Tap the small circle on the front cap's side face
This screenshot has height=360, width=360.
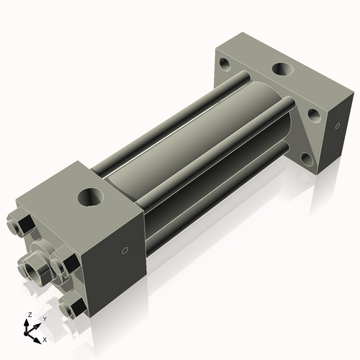pyautogui.click(x=125, y=251)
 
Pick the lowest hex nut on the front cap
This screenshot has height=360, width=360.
pyautogui.click(x=72, y=308)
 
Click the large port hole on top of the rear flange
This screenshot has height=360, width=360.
pyautogui.click(x=281, y=72)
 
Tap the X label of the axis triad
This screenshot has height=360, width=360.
pyautogui.click(x=45, y=338)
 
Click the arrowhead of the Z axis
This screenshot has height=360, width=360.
pyautogui.click(x=28, y=323)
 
